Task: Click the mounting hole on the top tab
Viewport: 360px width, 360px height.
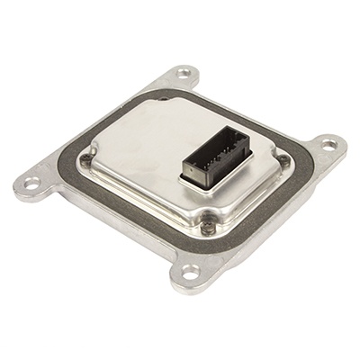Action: pos(184,72)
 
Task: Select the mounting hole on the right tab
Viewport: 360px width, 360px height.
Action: pos(328,143)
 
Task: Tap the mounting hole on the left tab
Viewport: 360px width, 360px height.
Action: pos(32,184)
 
